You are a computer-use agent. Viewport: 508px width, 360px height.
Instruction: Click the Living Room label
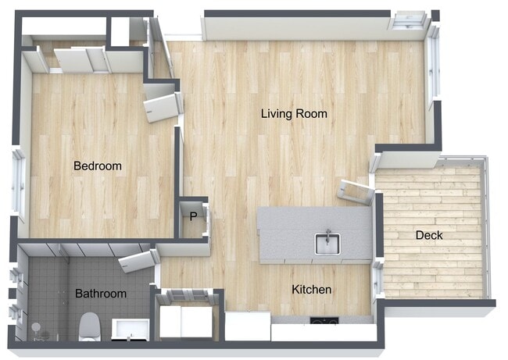[294, 114]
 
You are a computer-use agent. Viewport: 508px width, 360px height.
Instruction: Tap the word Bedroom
[98, 166]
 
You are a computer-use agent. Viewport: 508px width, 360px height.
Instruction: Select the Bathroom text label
[101, 294]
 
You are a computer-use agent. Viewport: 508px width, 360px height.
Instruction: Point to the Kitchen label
[311, 290]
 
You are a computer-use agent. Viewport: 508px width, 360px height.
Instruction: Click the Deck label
[429, 235]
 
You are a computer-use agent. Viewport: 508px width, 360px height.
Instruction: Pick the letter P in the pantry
[193, 216]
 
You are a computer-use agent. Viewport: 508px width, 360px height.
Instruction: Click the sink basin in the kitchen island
[327, 244]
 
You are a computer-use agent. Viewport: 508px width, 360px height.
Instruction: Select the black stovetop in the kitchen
[324, 320]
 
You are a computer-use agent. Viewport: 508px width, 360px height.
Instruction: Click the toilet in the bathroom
[89, 326]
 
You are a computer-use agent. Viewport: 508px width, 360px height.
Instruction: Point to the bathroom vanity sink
[131, 330]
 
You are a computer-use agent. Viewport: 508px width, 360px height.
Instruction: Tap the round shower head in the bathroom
[36, 327]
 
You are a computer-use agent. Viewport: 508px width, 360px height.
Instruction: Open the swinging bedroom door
[162, 107]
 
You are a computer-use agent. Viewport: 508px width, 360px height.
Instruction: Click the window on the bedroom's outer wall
[19, 184]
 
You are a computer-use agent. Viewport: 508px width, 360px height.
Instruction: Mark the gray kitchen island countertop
[315, 234]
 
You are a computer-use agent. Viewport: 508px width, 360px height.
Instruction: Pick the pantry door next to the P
[206, 219]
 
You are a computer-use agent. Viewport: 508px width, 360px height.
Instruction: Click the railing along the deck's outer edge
[487, 227]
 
